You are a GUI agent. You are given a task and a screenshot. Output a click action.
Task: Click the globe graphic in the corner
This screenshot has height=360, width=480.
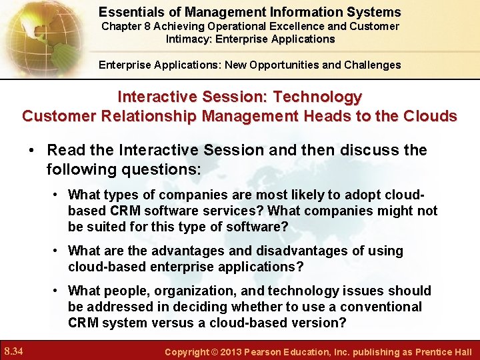point(33,33)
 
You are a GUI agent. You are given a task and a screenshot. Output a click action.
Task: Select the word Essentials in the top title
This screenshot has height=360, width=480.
point(129,12)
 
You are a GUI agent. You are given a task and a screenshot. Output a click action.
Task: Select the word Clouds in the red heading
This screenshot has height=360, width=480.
point(431,116)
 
